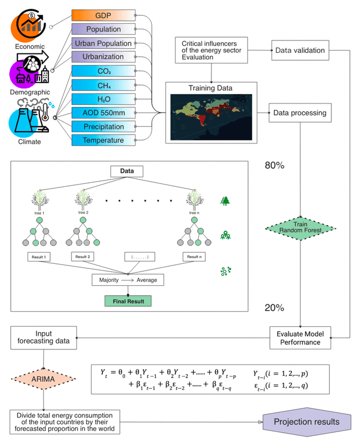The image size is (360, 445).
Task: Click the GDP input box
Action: [103, 15]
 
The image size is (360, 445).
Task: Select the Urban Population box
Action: [103, 43]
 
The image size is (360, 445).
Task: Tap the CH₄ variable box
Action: [103, 85]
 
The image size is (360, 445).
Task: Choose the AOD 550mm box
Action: [103, 113]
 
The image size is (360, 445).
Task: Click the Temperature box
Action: [103, 140]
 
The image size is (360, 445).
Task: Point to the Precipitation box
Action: [103, 127]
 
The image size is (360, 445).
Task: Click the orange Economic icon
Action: [30, 23]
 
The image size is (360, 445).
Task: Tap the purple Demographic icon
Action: [28, 68]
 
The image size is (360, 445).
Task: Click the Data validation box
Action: [299, 51]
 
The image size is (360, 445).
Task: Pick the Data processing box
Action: [299, 113]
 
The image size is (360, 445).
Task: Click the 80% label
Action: [274, 166]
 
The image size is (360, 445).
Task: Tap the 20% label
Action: [274, 308]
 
